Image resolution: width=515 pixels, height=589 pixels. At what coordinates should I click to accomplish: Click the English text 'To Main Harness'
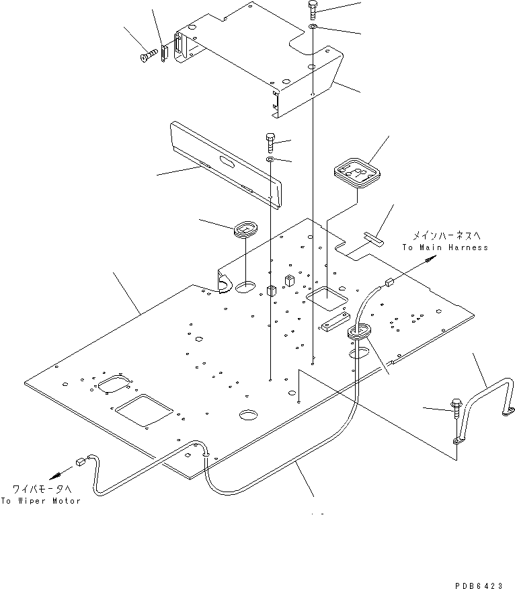[445, 247]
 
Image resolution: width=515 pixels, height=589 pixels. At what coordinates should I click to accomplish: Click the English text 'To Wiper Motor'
[40, 501]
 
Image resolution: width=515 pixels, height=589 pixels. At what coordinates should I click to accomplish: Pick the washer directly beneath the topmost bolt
[314, 27]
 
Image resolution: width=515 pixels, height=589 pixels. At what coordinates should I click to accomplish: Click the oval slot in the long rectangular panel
[224, 162]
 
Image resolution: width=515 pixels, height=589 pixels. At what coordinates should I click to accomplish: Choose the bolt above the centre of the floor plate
[270, 141]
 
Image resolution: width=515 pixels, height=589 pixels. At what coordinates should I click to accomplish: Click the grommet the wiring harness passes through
[359, 331]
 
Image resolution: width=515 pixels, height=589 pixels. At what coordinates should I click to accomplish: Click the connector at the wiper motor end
[80, 461]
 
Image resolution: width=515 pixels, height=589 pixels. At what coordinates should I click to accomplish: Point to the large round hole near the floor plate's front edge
[249, 415]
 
